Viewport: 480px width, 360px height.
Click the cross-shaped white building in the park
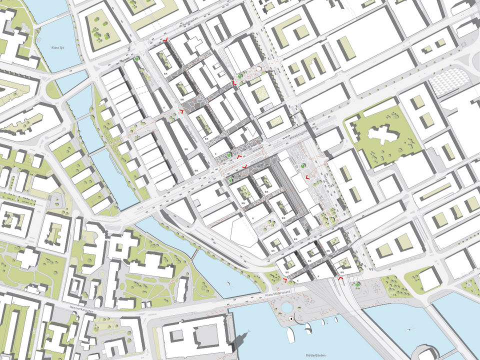pos(384,135)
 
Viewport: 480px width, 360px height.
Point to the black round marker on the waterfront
pos(289,318)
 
